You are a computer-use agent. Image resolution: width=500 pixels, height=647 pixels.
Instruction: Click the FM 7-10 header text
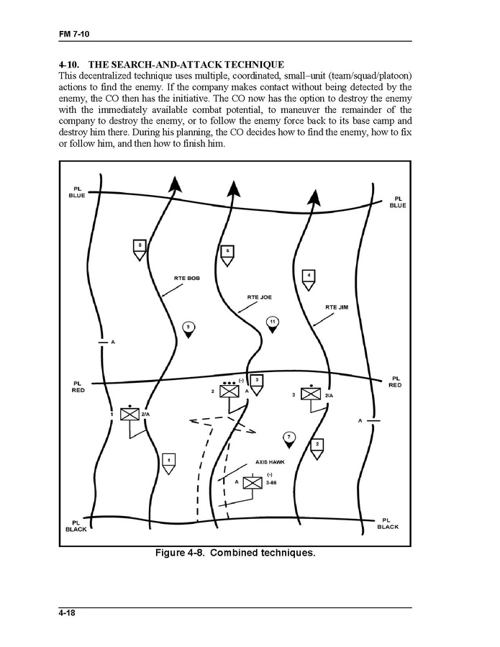point(74,34)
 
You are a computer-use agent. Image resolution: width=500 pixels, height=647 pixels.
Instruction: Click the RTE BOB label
point(187,277)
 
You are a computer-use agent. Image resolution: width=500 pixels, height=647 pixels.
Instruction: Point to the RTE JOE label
point(259,297)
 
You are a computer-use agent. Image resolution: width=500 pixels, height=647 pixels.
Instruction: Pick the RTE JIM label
point(337,307)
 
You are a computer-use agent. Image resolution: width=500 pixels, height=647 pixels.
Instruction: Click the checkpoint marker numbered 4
point(309,279)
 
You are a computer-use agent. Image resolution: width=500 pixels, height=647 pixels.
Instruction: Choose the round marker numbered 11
point(272,322)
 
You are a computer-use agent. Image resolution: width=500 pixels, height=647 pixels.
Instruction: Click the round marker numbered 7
point(288,439)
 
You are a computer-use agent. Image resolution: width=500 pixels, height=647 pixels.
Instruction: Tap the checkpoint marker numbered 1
point(168,461)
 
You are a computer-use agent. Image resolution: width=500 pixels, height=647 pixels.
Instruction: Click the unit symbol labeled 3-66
point(252,483)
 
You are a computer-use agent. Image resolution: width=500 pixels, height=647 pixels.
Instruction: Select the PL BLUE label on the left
point(77,192)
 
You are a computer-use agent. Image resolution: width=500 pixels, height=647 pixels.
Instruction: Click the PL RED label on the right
point(395,381)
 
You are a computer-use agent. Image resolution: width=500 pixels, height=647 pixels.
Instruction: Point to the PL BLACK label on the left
point(76,526)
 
